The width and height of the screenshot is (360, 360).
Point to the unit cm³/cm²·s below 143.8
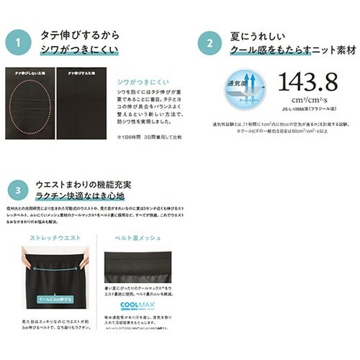point(309,106)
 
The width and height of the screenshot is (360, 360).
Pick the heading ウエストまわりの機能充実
point(80,186)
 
